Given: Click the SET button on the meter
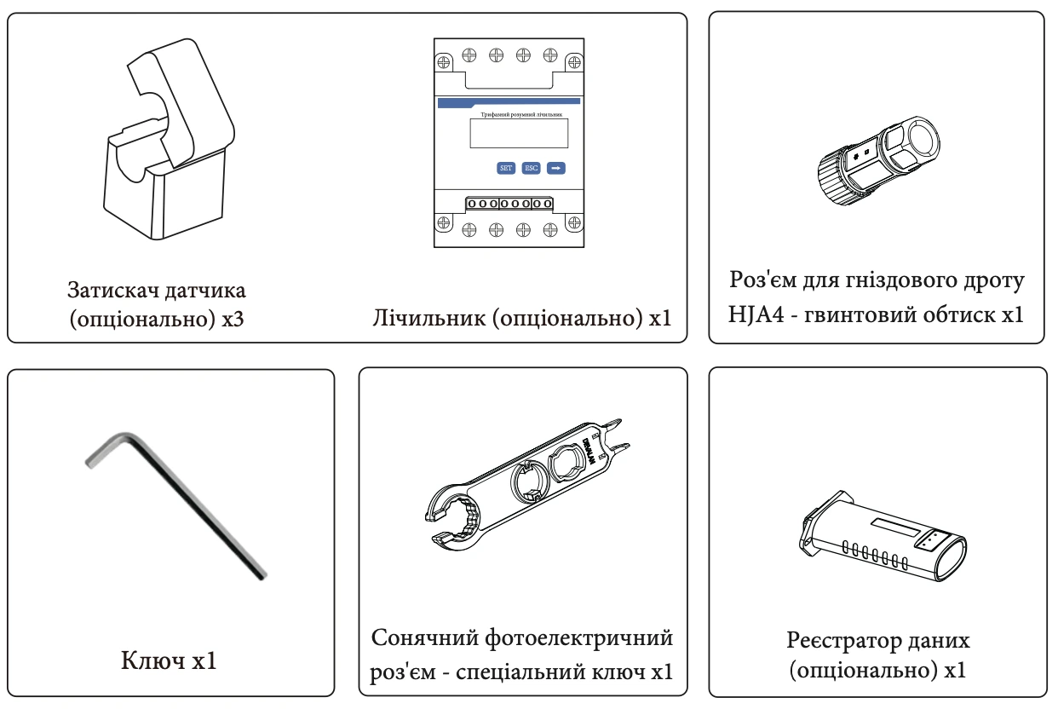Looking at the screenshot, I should click(x=506, y=168).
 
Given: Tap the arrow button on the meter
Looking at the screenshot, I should click(x=555, y=168).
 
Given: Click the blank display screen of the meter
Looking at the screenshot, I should click(x=518, y=134).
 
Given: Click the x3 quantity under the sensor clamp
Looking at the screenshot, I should click(x=233, y=319).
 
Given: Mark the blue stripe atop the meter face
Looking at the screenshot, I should click(x=509, y=102).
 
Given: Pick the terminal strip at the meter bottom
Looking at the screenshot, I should click(x=509, y=205).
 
